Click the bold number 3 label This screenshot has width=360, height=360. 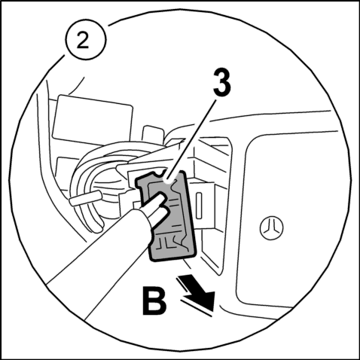pyautogui.click(x=222, y=82)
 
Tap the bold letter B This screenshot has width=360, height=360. pyautogui.click(x=154, y=301)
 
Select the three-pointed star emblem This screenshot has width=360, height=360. pyautogui.click(x=271, y=227)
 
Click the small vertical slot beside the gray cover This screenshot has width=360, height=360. pyautogui.click(x=199, y=206)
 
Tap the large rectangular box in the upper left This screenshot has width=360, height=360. pyautogui.click(x=92, y=120)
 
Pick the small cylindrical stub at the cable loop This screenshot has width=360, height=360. pyautogui.click(x=85, y=197)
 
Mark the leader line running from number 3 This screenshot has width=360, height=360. pyautogui.click(x=192, y=139)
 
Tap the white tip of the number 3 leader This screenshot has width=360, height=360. pyautogui.click(x=168, y=179)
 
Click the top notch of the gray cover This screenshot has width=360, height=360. pyautogui.click(x=159, y=174)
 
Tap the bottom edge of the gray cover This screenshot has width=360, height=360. pyautogui.click(x=173, y=258)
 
